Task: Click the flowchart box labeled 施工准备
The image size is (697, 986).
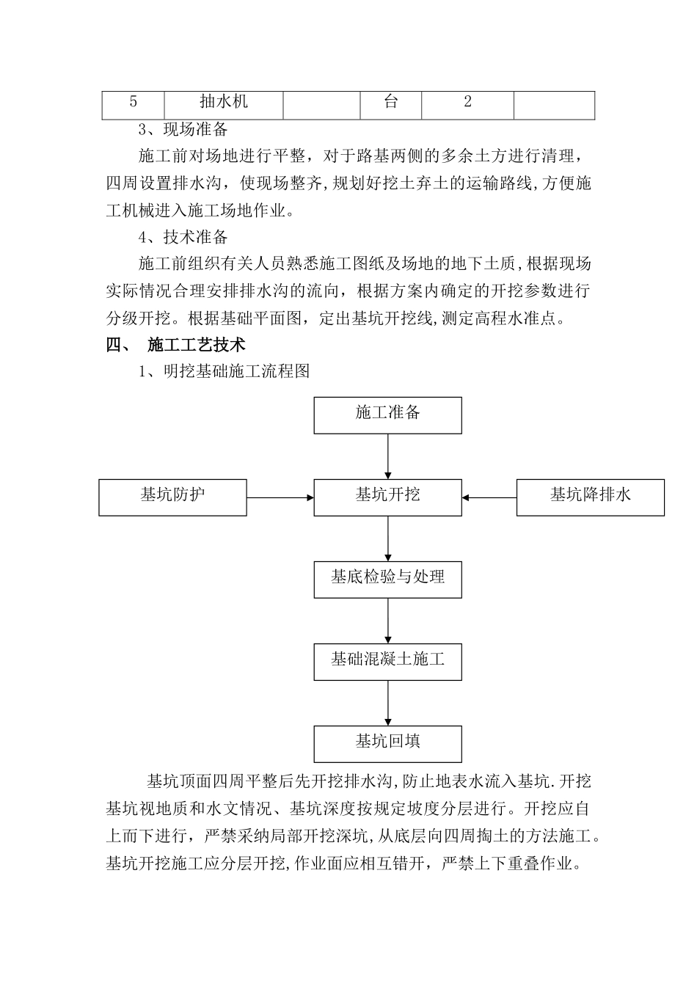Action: pyautogui.click(x=387, y=415)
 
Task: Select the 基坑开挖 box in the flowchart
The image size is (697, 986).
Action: pyautogui.click(x=387, y=497)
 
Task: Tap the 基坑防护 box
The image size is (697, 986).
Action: pyautogui.click(x=172, y=497)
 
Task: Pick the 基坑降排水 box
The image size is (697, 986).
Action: pyautogui.click(x=591, y=497)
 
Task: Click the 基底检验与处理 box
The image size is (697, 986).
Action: pyautogui.click(x=387, y=579)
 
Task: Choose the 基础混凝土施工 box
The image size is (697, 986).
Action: pyautogui.click(x=387, y=661)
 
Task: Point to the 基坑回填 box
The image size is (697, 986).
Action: pyautogui.click(x=387, y=743)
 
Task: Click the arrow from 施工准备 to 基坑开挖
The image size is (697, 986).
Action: pyautogui.click(x=387, y=456)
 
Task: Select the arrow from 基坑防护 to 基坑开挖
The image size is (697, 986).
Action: pyautogui.click(x=280, y=497)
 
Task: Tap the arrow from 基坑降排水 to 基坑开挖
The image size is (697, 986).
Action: pyautogui.click(x=489, y=497)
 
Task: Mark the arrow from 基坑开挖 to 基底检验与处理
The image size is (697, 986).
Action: pyautogui.click(x=387, y=538)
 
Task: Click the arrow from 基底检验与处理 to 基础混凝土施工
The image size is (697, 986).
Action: pyautogui.click(x=387, y=621)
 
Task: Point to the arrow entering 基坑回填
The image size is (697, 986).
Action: pyautogui.click(x=387, y=703)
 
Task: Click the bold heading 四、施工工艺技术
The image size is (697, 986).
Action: pyautogui.click(x=176, y=345)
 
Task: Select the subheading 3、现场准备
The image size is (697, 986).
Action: pyautogui.click(x=183, y=131)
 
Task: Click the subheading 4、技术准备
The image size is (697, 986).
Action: pyautogui.click(x=183, y=238)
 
